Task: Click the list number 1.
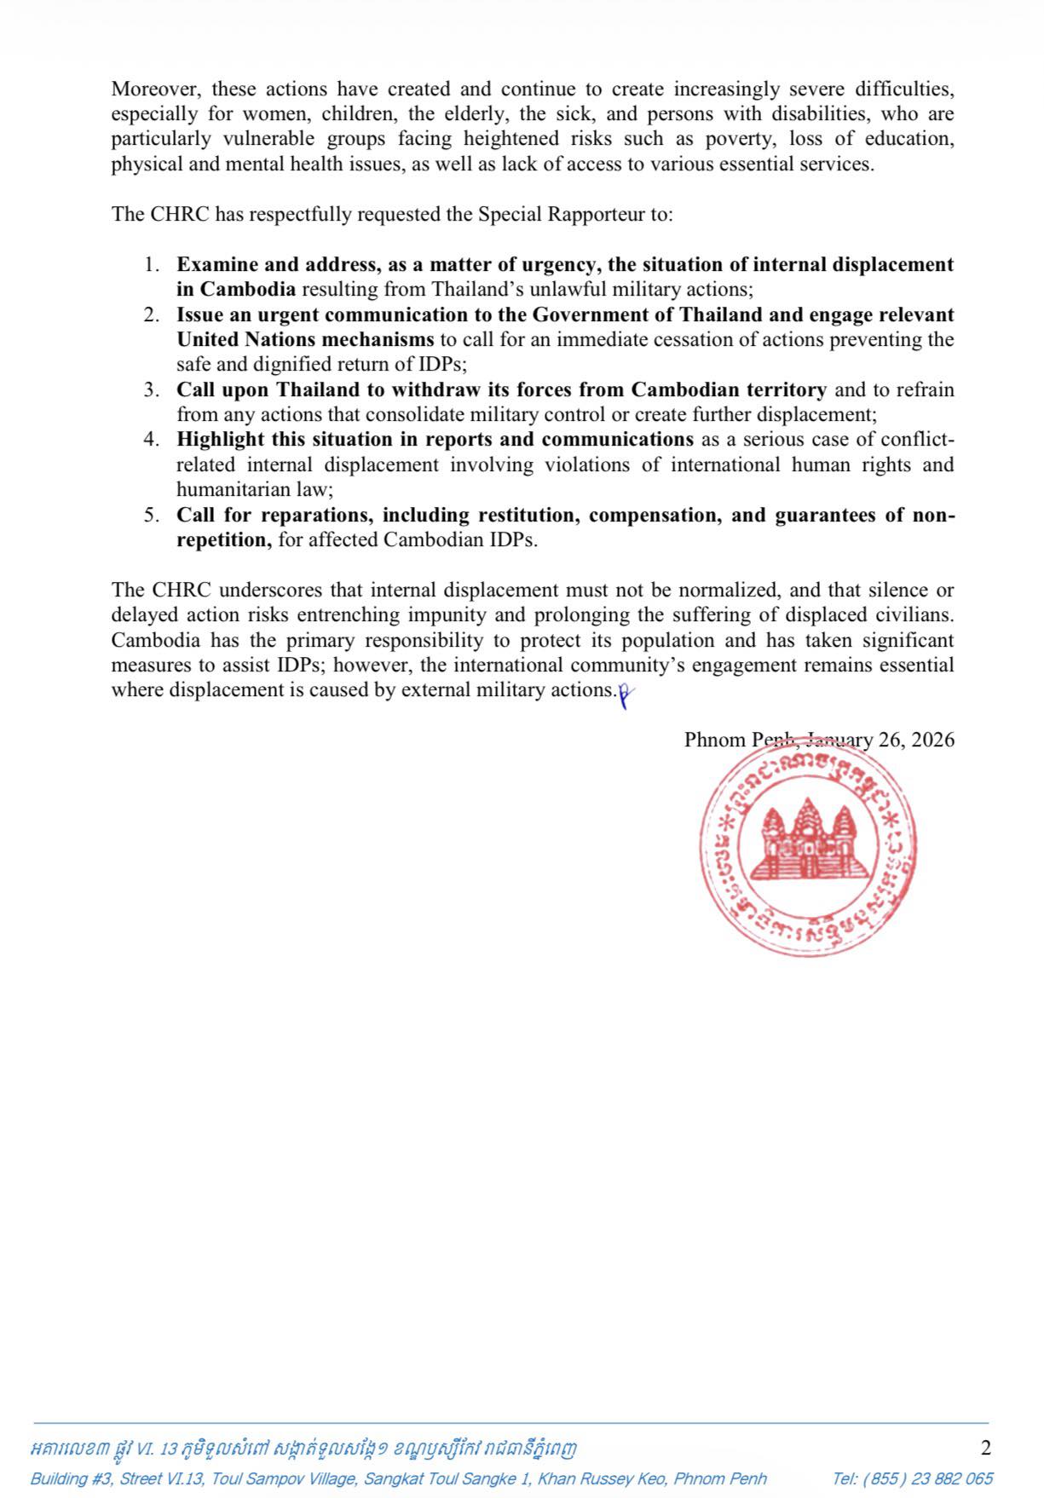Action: click(x=151, y=264)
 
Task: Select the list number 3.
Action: click(x=151, y=389)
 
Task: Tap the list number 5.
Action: click(x=151, y=515)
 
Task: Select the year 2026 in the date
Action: click(x=932, y=739)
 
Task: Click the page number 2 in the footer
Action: click(x=986, y=1448)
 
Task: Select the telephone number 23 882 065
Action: click(x=951, y=1478)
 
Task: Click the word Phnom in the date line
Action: click(x=714, y=739)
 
